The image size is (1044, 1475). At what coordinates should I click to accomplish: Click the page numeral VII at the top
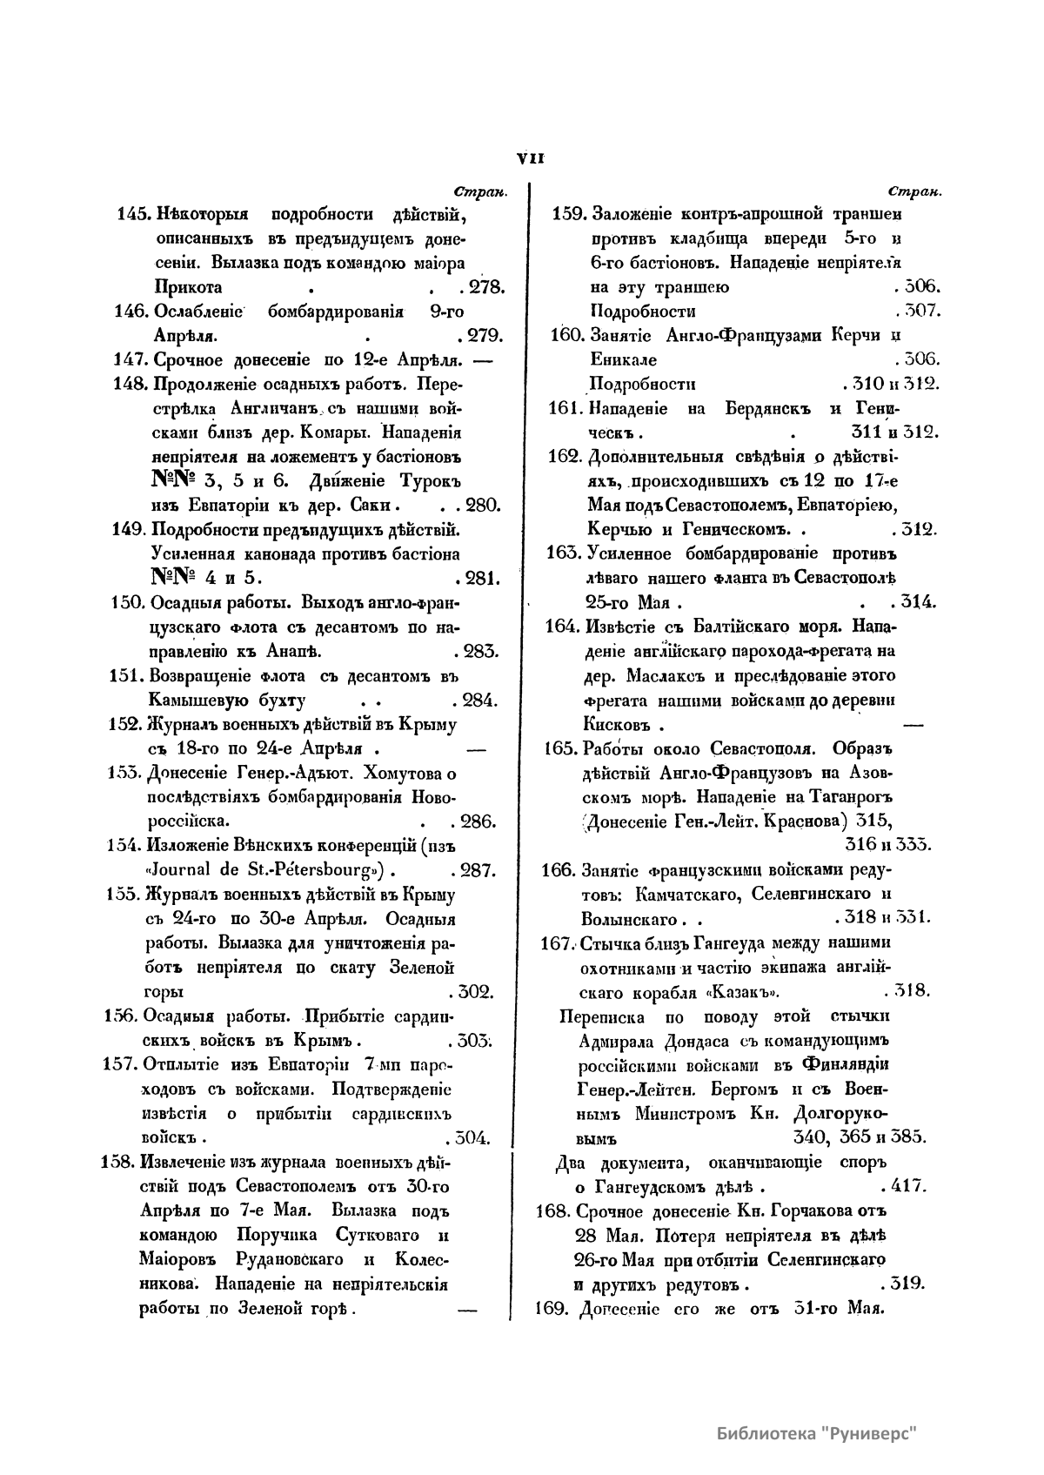(530, 158)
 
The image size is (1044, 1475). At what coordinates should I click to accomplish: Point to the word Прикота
(187, 287)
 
